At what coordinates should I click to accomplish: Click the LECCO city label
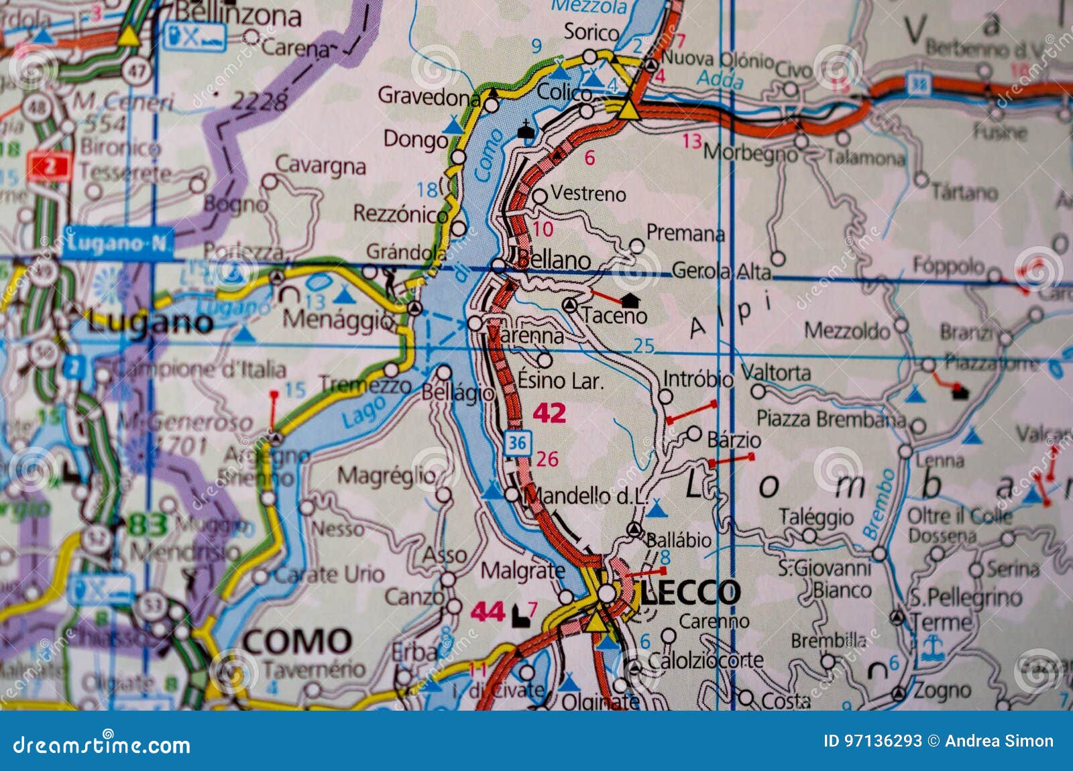pos(690,592)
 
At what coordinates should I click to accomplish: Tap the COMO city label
pos(297,641)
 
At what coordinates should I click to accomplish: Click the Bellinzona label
pos(237,14)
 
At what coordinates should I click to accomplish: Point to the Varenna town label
pos(526,334)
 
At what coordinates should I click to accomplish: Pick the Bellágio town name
pos(458,392)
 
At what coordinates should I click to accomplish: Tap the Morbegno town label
pos(750,153)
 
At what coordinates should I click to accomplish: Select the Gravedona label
pos(429,97)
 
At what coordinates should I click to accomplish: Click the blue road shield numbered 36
pos(518,442)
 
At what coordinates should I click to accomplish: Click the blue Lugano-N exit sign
pos(118,243)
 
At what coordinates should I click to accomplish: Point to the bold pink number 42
pos(549,413)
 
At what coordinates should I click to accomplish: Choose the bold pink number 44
pos(488,611)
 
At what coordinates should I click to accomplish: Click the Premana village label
pos(685,233)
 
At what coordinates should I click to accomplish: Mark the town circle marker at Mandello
pos(512,495)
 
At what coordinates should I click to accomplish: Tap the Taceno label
pos(614,315)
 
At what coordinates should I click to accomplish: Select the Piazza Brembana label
pos(831,419)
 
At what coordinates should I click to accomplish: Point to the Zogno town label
pos(942,690)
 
